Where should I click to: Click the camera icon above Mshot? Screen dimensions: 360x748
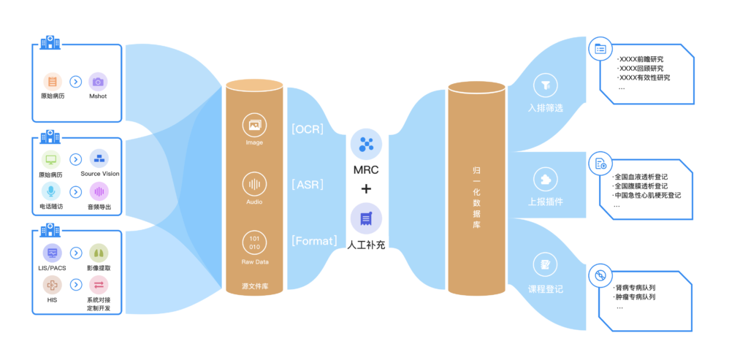point(98,81)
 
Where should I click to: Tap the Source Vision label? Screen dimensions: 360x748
point(100,174)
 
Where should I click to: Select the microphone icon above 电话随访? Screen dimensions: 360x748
point(52,191)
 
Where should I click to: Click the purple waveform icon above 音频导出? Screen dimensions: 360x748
point(99,191)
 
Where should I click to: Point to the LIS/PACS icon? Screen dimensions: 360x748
point(52,253)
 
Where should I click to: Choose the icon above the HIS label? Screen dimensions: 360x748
point(52,284)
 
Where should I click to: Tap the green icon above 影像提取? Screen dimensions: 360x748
point(98,253)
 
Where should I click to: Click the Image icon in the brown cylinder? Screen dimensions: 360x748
point(254,125)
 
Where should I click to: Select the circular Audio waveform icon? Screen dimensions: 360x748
point(254,183)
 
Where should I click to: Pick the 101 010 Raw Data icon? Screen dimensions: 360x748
point(254,242)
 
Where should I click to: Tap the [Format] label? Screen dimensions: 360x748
point(314,240)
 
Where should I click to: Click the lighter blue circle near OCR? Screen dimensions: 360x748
point(366,145)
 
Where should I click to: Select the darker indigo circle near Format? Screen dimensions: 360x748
point(366,219)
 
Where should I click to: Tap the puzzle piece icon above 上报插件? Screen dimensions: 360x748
point(545,179)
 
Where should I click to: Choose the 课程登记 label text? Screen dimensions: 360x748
point(546,289)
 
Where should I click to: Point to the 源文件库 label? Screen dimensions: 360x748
point(254,286)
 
